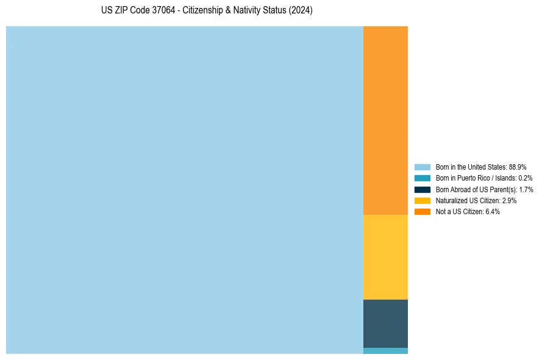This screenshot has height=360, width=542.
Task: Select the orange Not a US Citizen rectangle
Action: click(x=385, y=120)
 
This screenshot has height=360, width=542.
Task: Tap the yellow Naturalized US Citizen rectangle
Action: click(x=385, y=257)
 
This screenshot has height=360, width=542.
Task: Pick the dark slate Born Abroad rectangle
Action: click(x=385, y=323)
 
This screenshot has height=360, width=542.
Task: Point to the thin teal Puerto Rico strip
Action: click(x=385, y=351)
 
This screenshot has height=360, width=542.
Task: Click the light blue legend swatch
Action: click(x=423, y=167)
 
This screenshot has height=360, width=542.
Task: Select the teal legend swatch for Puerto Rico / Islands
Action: click(x=423, y=178)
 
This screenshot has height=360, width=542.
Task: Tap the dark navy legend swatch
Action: click(x=423, y=189)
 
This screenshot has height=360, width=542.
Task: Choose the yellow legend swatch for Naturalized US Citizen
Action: click(x=423, y=200)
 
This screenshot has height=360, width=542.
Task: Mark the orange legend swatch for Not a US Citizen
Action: click(x=423, y=212)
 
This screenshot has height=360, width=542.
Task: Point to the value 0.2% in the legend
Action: click(x=525, y=178)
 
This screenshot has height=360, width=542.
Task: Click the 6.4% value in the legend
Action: click(x=492, y=212)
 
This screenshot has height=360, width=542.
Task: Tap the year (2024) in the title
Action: click(x=301, y=10)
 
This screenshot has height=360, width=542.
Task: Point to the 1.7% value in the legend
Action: click(x=526, y=189)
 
